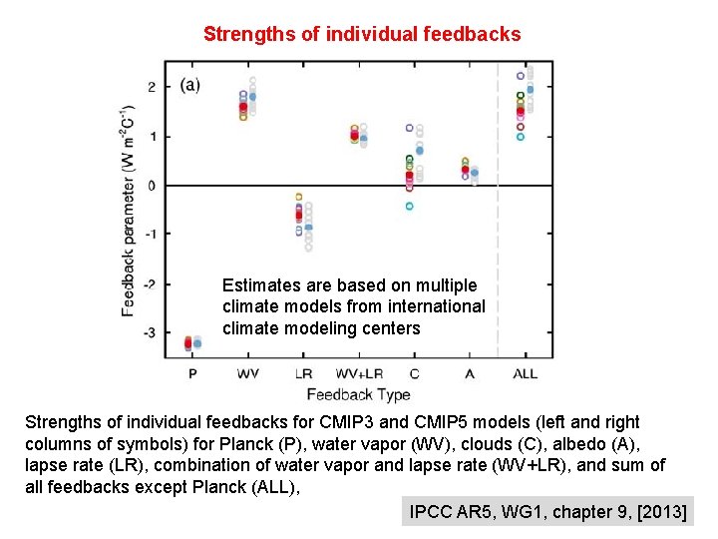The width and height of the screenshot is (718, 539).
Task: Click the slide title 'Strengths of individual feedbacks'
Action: tap(361, 34)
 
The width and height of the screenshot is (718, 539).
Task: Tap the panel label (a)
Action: tap(189, 85)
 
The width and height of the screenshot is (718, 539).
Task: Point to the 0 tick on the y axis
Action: tap(153, 186)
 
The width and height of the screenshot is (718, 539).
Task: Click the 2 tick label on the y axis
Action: tap(153, 88)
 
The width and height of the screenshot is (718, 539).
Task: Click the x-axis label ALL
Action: tap(525, 373)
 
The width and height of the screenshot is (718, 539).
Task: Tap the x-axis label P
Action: tap(192, 373)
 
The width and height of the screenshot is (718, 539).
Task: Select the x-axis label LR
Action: tap(303, 373)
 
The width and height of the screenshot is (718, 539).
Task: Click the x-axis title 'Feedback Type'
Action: tap(358, 394)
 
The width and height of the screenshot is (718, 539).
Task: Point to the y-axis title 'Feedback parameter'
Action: tap(128, 210)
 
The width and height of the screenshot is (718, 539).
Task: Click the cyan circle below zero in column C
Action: tap(409, 207)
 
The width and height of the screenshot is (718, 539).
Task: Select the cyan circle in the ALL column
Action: tap(520, 137)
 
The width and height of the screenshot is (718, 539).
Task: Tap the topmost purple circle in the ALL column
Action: tap(520, 76)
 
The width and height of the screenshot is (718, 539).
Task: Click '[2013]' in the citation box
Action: tap(657, 512)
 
